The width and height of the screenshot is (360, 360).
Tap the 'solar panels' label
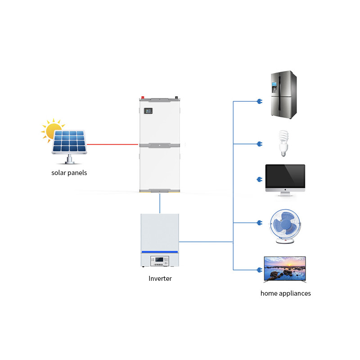69,173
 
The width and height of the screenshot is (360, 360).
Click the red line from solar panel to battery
112,144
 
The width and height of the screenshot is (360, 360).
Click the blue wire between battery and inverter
160,203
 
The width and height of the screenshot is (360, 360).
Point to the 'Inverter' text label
160,279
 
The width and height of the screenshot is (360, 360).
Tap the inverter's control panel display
160,260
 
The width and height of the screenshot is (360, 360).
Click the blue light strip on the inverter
160,252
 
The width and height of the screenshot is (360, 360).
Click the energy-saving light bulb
283,143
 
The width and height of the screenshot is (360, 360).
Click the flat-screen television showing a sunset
284,269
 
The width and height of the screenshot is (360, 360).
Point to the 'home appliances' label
285,293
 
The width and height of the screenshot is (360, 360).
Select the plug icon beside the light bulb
259,144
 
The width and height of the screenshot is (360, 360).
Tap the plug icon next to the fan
259,223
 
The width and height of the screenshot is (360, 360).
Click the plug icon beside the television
259,270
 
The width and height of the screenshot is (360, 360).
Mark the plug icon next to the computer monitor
259,180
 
